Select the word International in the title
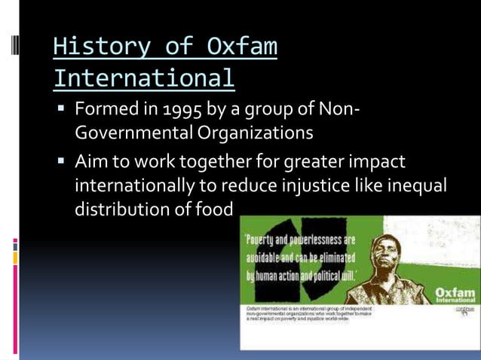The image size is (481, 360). (x=144, y=78)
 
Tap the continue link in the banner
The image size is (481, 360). (x=464, y=309)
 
